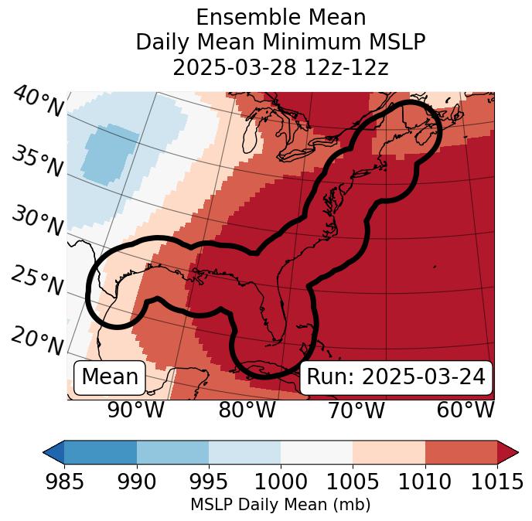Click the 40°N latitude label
tap(37, 102)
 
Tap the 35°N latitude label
tap(37, 162)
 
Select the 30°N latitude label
tap(37, 222)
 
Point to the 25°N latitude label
tap(37, 282)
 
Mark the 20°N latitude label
tap(37, 341)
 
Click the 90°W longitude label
tap(135, 410)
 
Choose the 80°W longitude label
tap(247, 410)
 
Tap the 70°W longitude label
tap(356, 410)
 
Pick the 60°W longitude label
tap(465, 410)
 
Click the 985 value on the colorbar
tap(64, 482)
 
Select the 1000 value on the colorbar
tap(281, 482)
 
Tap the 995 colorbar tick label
tap(209, 482)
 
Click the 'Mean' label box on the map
tap(110, 377)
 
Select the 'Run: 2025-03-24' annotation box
tap(396, 377)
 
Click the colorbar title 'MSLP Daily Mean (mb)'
tap(280, 505)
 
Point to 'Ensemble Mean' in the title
tap(281, 17)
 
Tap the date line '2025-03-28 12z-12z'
tap(281, 67)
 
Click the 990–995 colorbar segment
tap(172, 451)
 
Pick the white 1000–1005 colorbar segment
tap(316, 451)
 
